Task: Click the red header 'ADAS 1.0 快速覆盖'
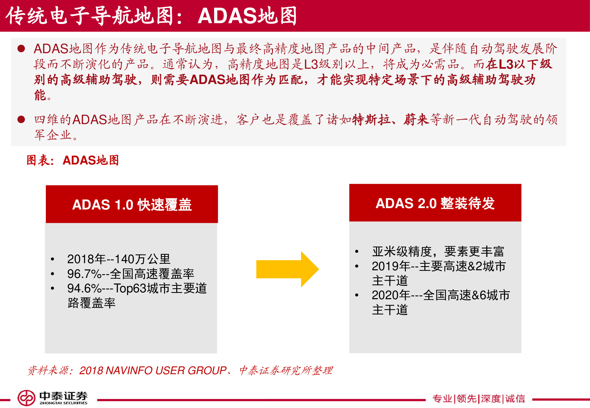coord(132,204)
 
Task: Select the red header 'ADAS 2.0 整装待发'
coord(435,203)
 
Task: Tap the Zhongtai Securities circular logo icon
coord(26,398)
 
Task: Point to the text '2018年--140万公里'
coord(118,259)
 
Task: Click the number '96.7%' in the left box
coord(84,274)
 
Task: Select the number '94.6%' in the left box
coord(84,288)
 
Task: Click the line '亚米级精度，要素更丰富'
coord(438,251)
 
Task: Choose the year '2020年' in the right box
coord(391,295)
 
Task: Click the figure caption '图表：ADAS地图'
coord(73,160)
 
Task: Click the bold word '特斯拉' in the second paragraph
coord(371,119)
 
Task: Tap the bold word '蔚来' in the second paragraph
coord(416,119)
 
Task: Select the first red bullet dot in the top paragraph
coord(21,49)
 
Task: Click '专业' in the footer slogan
coord(442,399)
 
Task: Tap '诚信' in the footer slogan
coord(515,399)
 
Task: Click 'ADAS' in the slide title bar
coord(227,16)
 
